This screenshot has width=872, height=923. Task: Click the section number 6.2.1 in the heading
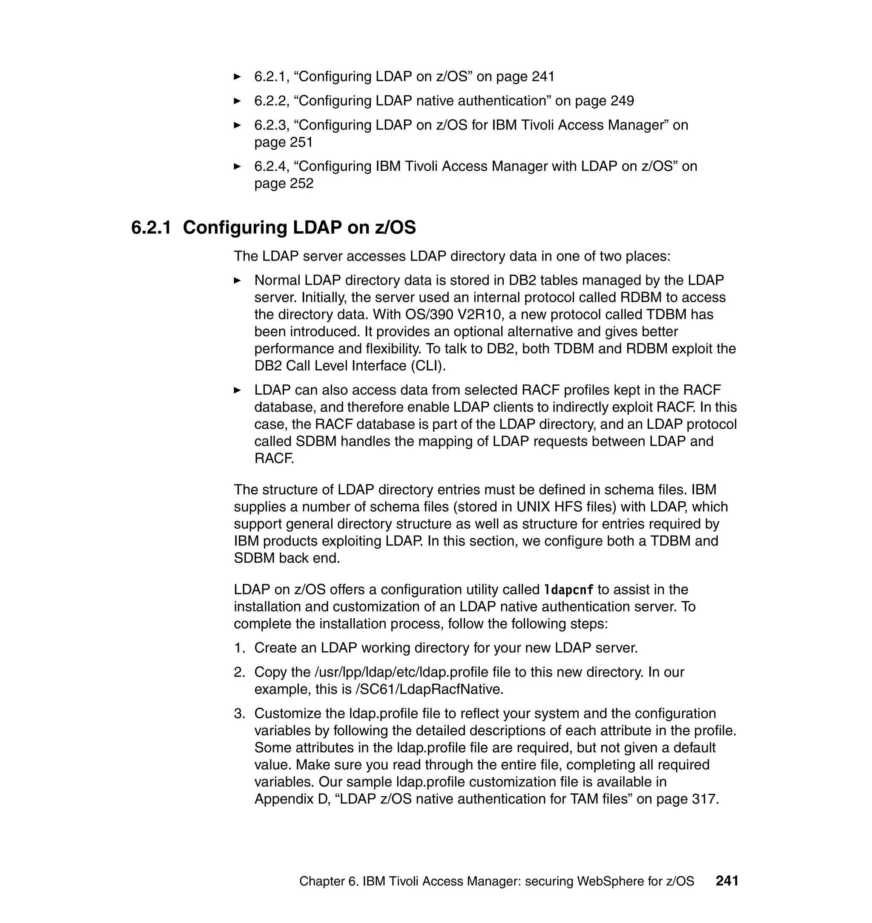pyautogui.click(x=151, y=228)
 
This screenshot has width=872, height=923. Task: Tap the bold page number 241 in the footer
pyautogui.click(x=727, y=881)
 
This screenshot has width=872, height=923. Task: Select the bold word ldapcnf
pyautogui.click(x=569, y=590)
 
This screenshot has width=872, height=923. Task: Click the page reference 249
pyautogui.click(x=622, y=101)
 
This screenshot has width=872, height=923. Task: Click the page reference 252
pyautogui.click(x=302, y=183)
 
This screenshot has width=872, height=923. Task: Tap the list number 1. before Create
pyautogui.click(x=239, y=648)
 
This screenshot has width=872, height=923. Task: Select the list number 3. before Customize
pyautogui.click(x=239, y=714)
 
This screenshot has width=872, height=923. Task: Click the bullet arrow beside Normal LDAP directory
pyautogui.click(x=238, y=281)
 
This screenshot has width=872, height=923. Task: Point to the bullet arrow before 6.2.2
pyautogui.click(x=238, y=101)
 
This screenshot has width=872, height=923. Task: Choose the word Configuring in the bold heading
pyautogui.click(x=234, y=228)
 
